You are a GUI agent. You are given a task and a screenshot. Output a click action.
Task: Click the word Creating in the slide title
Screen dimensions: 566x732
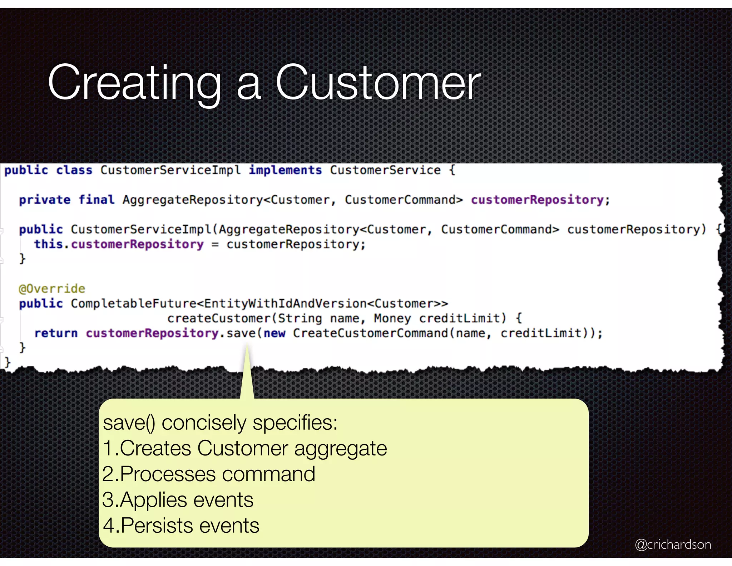coord(134,83)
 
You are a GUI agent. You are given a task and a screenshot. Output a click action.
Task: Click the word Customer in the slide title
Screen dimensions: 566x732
coord(378,83)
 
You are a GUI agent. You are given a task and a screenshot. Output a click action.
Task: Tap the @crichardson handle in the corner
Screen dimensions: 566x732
coord(673,544)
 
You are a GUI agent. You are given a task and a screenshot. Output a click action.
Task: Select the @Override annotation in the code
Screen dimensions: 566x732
coord(52,288)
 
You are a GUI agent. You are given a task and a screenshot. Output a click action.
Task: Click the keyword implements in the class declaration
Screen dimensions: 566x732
coord(285,170)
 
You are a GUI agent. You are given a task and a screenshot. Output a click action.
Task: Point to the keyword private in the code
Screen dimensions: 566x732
coord(45,200)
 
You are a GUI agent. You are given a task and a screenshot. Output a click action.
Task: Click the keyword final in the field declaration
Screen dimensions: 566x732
coord(97,200)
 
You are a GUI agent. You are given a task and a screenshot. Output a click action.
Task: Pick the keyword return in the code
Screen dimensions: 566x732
coord(56,333)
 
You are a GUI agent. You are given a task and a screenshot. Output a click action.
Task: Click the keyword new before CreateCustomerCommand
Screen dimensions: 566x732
coord(274,333)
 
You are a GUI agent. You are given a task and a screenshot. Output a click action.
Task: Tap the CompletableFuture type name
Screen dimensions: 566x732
coord(133,303)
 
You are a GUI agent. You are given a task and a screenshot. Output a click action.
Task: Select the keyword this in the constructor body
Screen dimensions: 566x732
coord(48,244)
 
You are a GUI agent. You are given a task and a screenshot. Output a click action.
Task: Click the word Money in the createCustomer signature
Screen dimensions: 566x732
coord(392,318)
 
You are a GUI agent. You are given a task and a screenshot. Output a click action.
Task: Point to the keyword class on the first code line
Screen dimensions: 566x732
coord(74,170)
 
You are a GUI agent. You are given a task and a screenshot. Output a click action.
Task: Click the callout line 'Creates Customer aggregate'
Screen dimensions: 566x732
coord(245,448)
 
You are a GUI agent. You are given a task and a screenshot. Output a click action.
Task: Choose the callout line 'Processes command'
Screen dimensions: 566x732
coord(209,474)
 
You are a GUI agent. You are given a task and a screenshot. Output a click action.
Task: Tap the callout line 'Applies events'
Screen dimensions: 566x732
coord(178,500)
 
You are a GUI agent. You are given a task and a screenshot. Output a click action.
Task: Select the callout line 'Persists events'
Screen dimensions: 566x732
coord(181,526)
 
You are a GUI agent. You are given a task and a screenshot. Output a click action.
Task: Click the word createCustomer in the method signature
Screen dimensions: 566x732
coord(219,318)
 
